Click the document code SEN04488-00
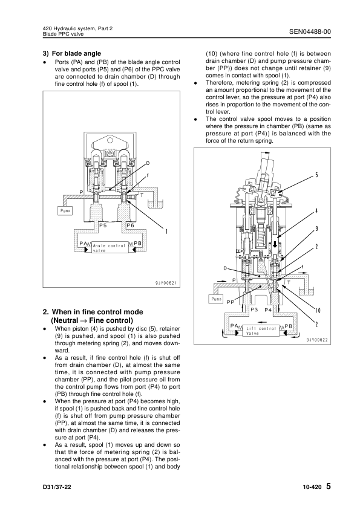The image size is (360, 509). click(x=310, y=32)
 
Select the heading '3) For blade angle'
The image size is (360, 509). click(x=72, y=54)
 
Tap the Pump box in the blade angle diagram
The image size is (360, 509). click(x=65, y=211)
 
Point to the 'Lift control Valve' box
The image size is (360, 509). click(x=261, y=331)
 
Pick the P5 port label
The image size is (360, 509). click(x=103, y=225)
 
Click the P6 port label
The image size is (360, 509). click(x=130, y=225)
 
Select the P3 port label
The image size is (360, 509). click(x=254, y=310)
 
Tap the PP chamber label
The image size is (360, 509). click(x=231, y=302)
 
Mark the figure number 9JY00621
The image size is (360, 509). click(x=166, y=283)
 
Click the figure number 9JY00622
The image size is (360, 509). click(x=317, y=340)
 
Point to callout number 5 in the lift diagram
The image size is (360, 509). click(x=316, y=175)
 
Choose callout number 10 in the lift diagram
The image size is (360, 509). click(x=318, y=311)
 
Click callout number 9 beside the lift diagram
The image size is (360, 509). click(x=316, y=229)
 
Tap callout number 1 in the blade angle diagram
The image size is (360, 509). click(x=166, y=232)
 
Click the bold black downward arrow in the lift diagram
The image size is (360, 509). click(x=275, y=244)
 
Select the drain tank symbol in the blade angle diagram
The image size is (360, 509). click(x=155, y=204)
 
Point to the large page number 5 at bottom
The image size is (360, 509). click(x=328, y=486)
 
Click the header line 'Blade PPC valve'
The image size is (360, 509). click(x=63, y=34)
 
